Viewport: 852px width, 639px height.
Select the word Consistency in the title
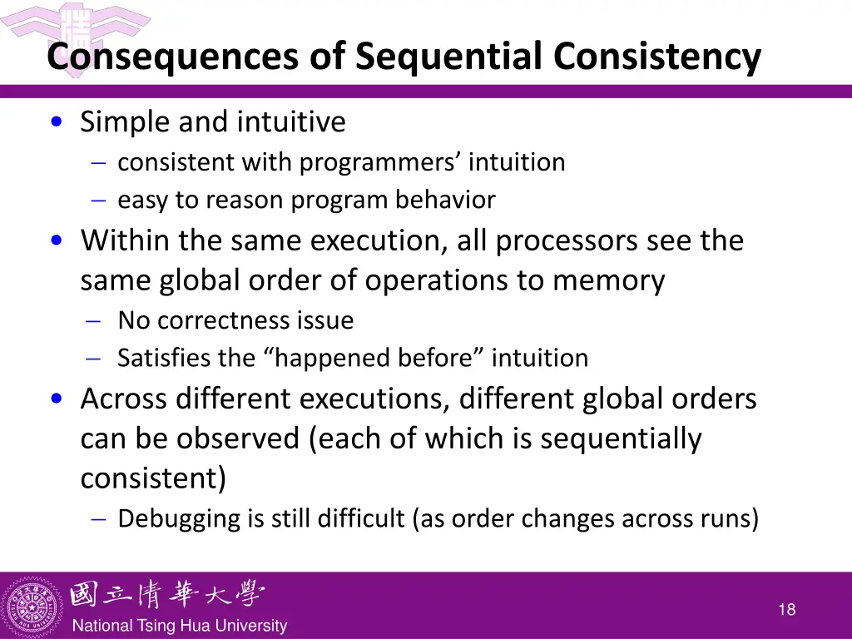[x=657, y=57]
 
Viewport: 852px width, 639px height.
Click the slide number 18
[x=786, y=610]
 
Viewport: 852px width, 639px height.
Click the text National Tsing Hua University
[x=180, y=626]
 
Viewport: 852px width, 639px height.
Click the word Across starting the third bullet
[x=123, y=399]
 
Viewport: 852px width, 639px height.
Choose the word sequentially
[x=621, y=438]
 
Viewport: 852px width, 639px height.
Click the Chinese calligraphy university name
[x=167, y=595]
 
